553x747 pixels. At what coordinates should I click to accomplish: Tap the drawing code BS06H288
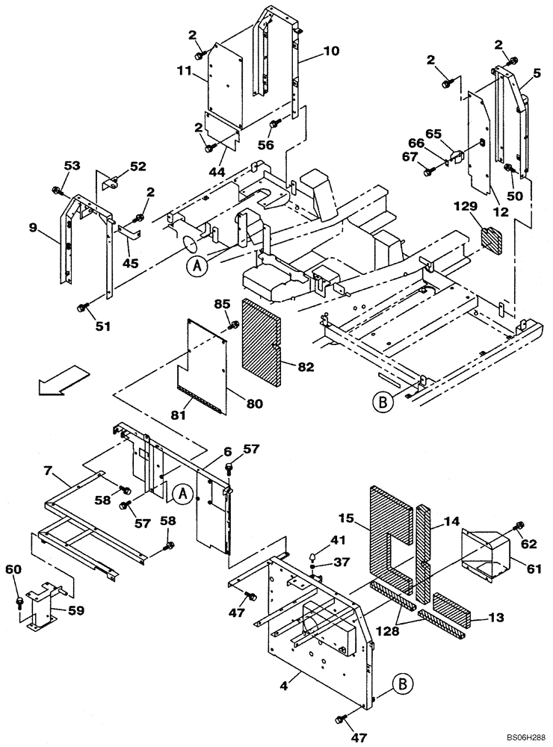pyautogui.click(x=518, y=736)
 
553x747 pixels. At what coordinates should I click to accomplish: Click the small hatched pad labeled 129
pyautogui.click(x=495, y=238)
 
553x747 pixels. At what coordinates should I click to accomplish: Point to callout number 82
pyautogui.click(x=306, y=367)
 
